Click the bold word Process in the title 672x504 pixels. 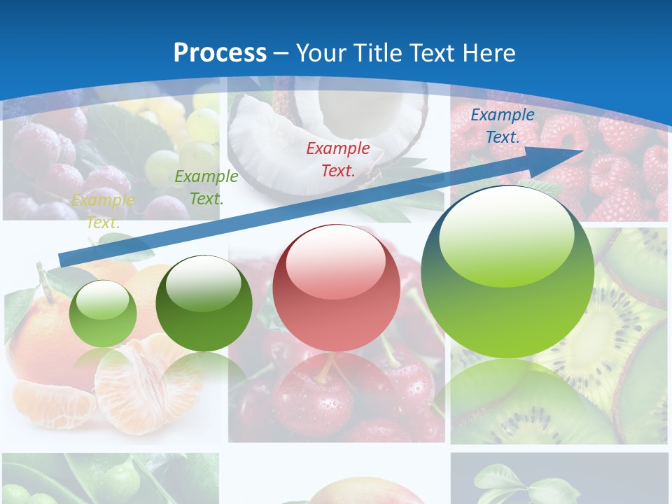click(x=220, y=52)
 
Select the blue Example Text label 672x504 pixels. click(x=502, y=126)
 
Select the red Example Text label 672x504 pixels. click(x=337, y=159)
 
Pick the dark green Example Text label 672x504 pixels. click(x=206, y=188)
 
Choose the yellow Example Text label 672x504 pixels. click(x=102, y=211)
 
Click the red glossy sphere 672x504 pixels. click(x=336, y=294)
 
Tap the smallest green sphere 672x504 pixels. click(x=103, y=314)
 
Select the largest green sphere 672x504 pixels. click(x=507, y=280)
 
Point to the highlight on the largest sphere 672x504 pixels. click(x=507, y=234)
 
